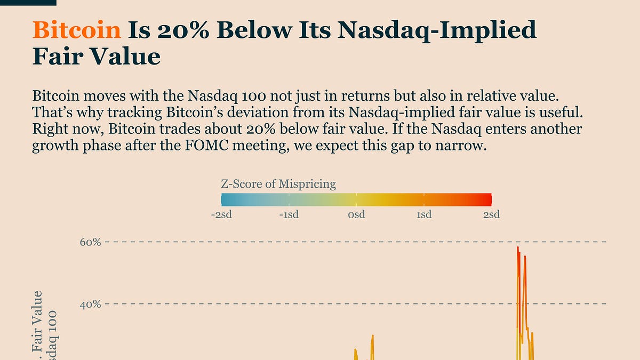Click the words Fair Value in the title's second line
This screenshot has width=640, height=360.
[x=96, y=56]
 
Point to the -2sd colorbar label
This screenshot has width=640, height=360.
[x=221, y=214]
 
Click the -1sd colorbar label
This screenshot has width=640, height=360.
[x=289, y=214]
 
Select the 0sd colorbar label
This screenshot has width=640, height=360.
[x=356, y=214]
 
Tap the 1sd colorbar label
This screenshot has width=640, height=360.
[x=424, y=214]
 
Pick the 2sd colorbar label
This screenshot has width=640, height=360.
[x=491, y=214]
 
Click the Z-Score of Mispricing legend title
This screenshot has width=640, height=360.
[x=278, y=185]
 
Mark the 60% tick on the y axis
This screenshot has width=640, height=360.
[x=90, y=242]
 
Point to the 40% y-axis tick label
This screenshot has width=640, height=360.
[x=90, y=305]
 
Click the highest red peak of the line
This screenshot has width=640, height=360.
[x=517, y=247]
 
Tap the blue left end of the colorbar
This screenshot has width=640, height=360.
[x=224, y=200]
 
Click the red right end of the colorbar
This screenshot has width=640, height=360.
[x=489, y=200]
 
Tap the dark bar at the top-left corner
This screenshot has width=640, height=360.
[x=28, y=3]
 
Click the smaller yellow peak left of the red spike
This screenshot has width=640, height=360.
[x=372, y=336]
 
